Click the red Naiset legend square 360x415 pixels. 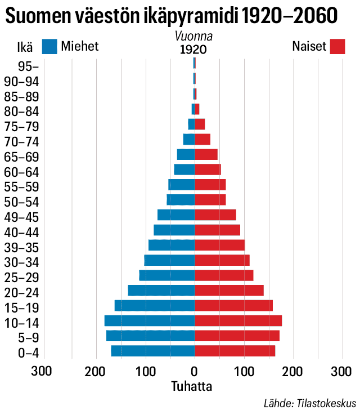[x=337, y=47]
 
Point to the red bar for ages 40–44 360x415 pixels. [x=217, y=230]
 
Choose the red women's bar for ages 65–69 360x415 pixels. [x=206, y=154]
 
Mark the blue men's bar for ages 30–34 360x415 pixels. [x=169, y=260]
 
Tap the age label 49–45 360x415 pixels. [x=21, y=217]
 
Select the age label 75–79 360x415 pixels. [x=21, y=126]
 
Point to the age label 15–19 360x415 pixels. [x=21, y=307]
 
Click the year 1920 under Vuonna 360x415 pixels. [x=193, y=50]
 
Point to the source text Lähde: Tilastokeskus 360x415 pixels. [x=310, y=404]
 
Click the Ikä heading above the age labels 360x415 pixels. [x=18, y=47]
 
